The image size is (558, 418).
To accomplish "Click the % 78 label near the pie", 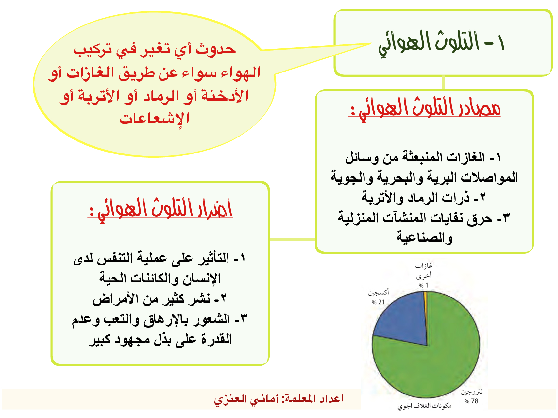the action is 471,401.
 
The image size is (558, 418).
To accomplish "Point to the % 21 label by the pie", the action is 378,302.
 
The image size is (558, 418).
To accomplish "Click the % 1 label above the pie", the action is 423,285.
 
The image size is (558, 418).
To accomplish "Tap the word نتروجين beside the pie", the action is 472,392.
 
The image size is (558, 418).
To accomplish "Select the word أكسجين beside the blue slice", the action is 379,293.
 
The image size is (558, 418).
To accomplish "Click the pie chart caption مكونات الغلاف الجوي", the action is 424,406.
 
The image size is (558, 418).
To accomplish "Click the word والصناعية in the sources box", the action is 424,238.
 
